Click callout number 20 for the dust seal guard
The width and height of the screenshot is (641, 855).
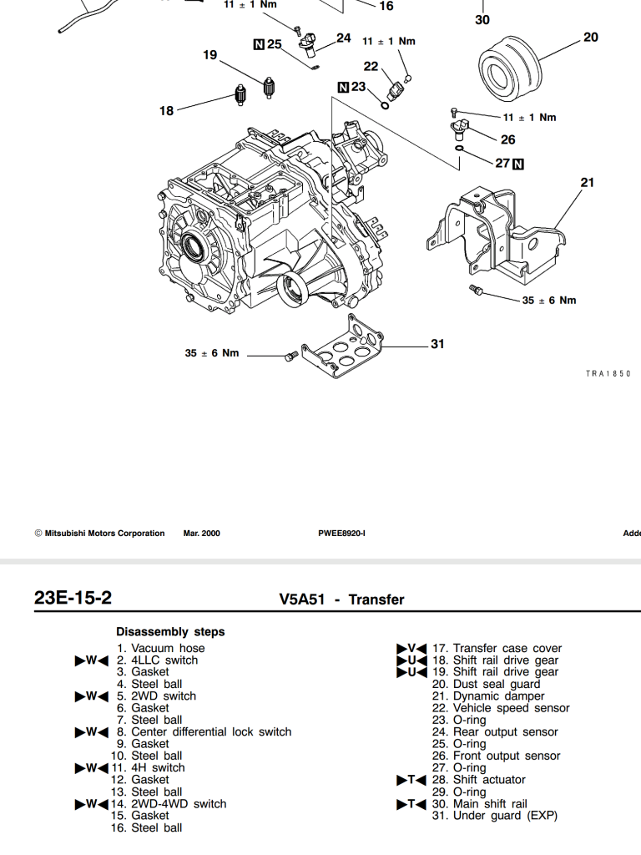coord(591,37)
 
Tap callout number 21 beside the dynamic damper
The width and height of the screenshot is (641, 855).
coord(587,182)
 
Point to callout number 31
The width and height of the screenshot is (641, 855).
coord(438,343)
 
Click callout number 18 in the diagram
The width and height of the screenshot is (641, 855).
coord(167,110)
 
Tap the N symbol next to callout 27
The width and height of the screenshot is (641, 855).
coord(518,164)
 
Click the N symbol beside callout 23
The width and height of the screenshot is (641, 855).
coord(343,87)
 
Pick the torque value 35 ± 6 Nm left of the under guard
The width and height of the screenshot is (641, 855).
coord(212,353)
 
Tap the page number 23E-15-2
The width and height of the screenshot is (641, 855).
coord(73,598)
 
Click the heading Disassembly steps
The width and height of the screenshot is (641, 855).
coord(170,632)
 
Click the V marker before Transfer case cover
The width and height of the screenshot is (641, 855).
coord(411,648)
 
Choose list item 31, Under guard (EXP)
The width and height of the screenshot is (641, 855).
coord(495,816)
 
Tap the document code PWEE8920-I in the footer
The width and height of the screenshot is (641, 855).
coord(341,534)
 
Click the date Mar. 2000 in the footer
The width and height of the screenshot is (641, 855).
coord(201,534)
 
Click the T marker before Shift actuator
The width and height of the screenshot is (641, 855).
coord(411,780)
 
